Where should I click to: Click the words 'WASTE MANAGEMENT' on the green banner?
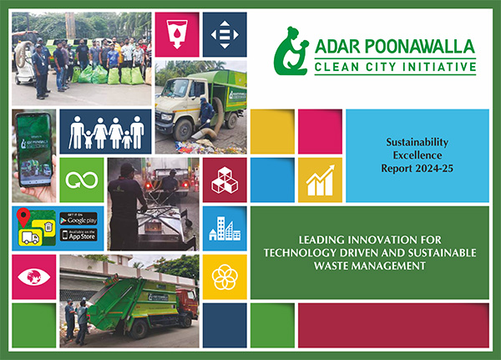[x=370, y=265]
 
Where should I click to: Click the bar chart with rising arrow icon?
[x=320, y=180]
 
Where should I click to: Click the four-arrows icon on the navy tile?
[x=225, y=35]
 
